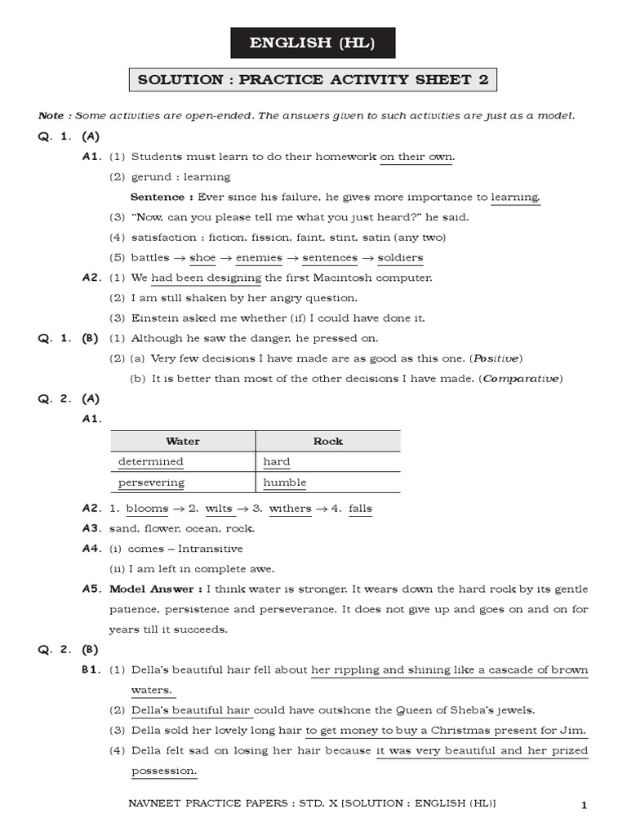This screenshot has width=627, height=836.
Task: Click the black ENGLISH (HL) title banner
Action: (x=313, y=42)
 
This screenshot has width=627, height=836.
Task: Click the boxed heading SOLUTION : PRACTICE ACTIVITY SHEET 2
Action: (x=313, y=79)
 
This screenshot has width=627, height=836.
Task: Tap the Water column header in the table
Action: (x=183, y=441)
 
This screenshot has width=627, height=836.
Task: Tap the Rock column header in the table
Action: (x=328, y=441)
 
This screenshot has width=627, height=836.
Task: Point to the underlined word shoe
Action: (x=202, y=258)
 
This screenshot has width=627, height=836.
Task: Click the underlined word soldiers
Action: (x=401, y=258)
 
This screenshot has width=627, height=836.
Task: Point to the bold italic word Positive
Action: (x=496, y=358)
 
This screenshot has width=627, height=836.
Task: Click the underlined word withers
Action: (x=290, y=509)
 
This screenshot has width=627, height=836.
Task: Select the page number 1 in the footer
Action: (x=584, y=806)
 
